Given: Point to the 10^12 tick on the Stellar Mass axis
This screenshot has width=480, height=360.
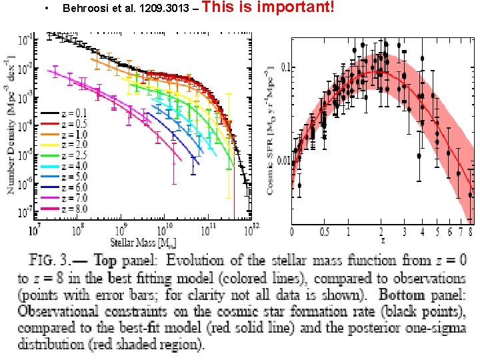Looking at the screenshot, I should [x=251, y=229].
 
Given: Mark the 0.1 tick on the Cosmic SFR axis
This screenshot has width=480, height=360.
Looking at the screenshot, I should [x=285, y=67].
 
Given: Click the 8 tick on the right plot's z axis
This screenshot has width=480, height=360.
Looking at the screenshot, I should [x=471, y=233].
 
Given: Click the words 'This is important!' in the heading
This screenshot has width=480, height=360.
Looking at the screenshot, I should [x=277, y=8].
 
